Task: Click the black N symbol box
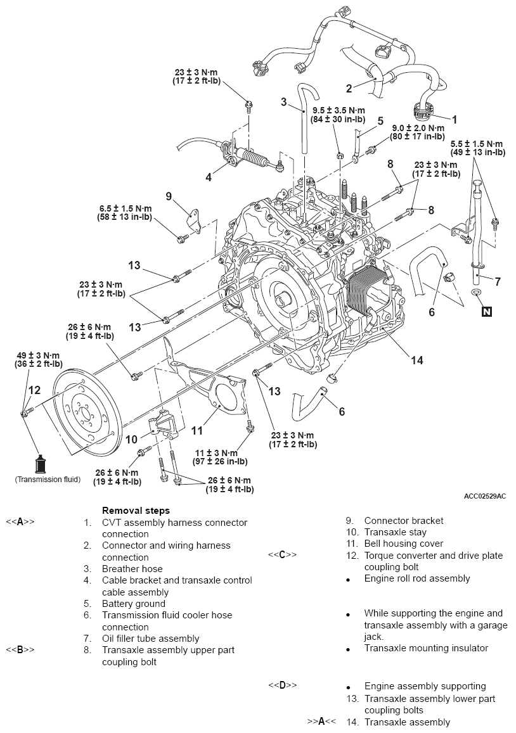point(486,310)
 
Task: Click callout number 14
point(416,360)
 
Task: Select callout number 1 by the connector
point(454,118)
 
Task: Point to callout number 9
point(169,196)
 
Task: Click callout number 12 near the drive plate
point(34,390)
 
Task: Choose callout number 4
point(209,177)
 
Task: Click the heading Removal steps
point(136,510)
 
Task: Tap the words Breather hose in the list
point(132,569)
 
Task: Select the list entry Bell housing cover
point(403,544)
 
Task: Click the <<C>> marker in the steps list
point(282,555)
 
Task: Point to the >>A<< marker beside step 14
point(321,721)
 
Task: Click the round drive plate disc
point(84,416)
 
